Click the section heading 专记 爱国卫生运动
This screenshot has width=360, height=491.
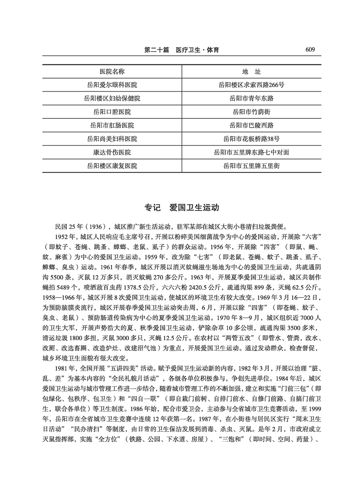180,208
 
